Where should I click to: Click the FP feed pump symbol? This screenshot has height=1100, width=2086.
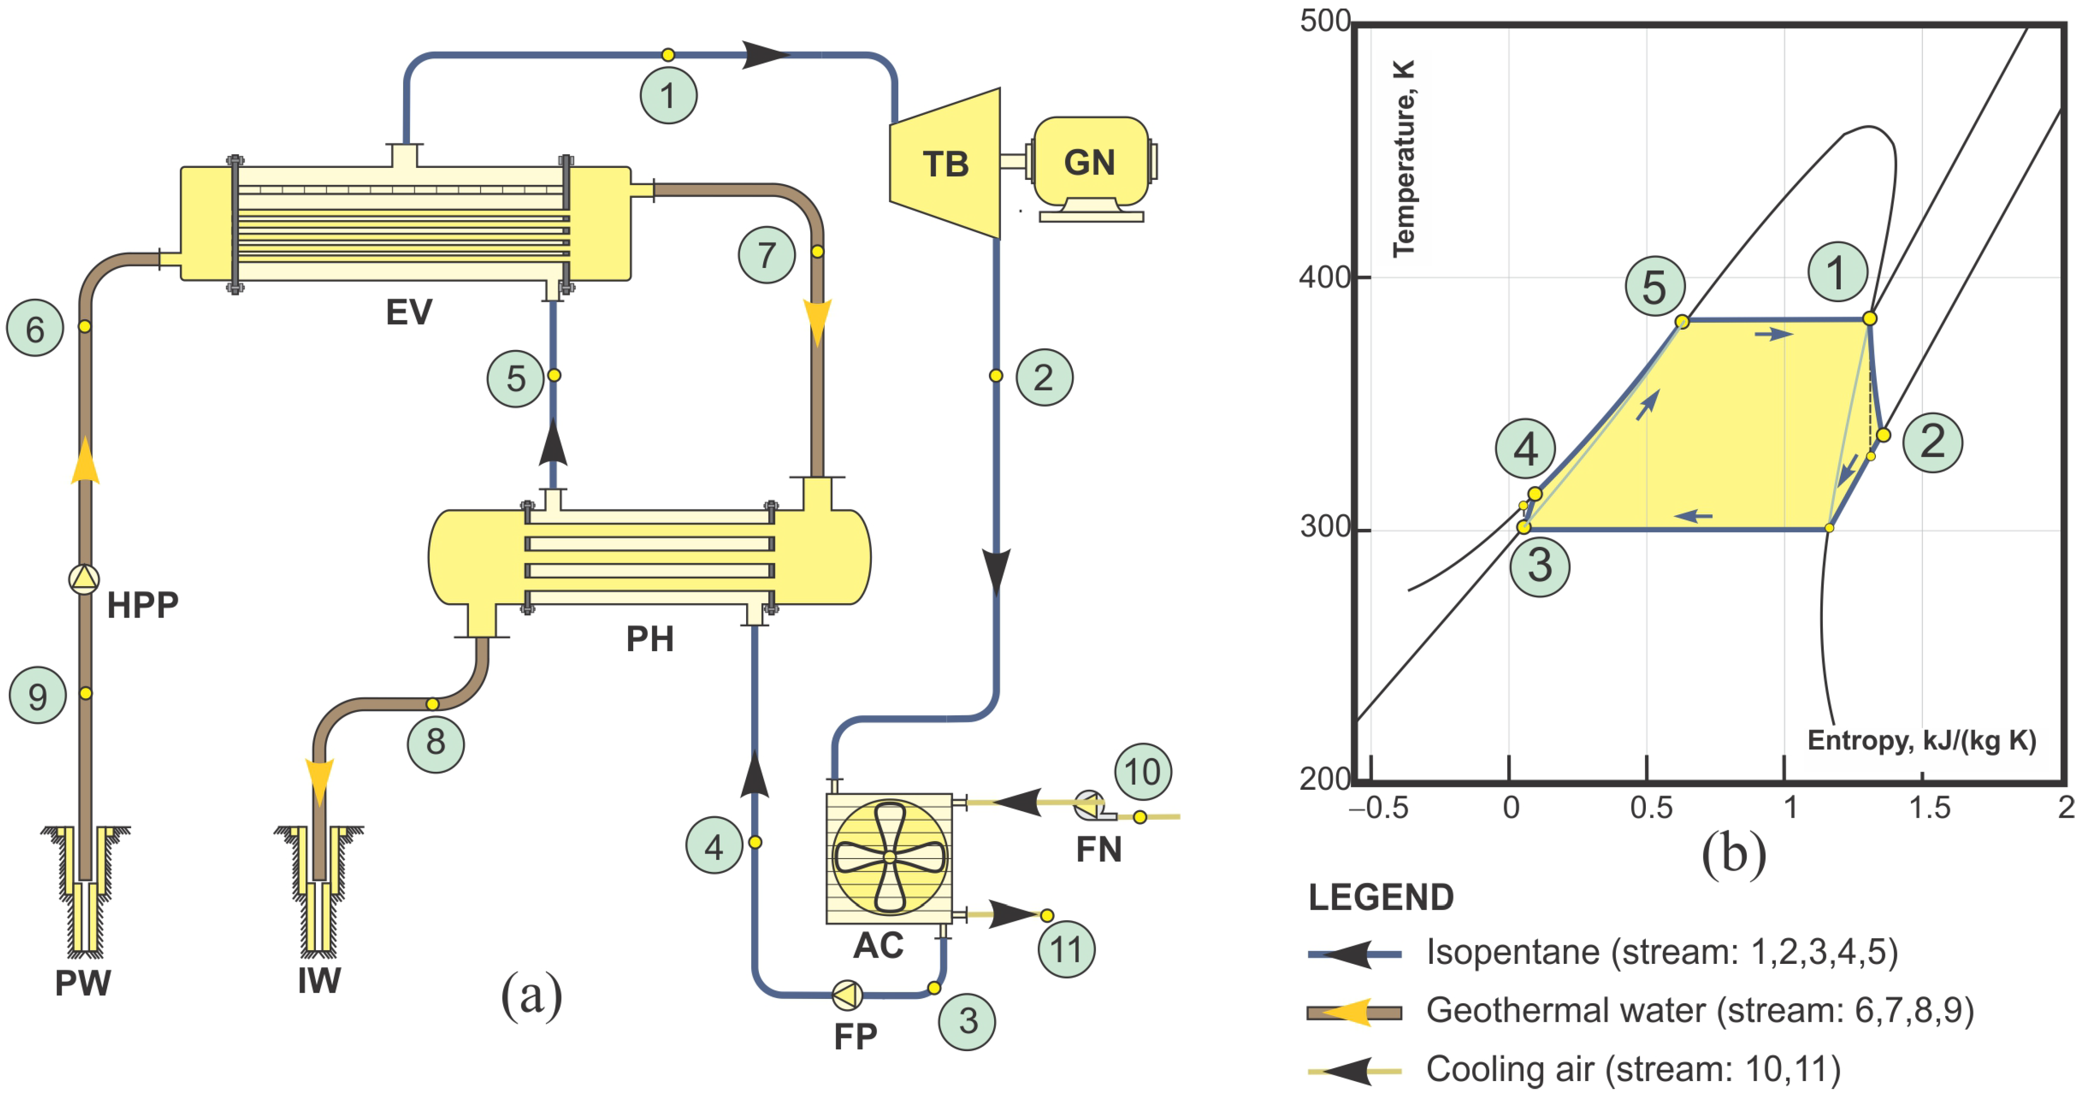[x=847, y=996]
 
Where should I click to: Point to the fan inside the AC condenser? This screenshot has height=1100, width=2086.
[x=889, y=857]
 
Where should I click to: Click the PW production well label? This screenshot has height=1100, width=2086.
[x=83, y=982]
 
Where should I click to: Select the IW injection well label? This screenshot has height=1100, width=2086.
[x=319, y=981]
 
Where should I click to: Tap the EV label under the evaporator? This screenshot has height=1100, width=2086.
[x=409, y=312]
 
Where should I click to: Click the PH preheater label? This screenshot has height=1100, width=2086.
[x=649, y=639]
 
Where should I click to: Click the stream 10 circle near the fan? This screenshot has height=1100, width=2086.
[x=1143, y=772]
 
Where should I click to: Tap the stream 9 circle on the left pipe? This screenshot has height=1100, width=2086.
[x=37, y=695]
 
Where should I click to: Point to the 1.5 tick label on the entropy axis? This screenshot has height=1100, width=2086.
[x=1929, y=808]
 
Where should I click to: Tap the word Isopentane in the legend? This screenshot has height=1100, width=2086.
[x=1512, y=952]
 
